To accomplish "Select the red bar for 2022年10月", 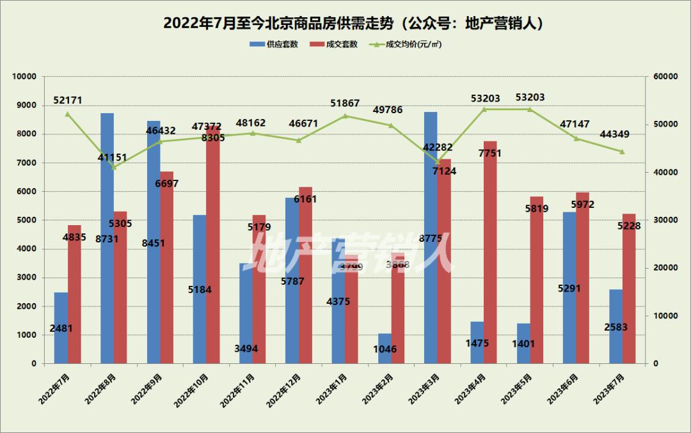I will tap(213, 256).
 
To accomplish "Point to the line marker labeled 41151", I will tap(114, 168).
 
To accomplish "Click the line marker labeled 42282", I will tap(438, 162).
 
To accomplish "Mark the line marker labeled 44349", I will tap(622, 152).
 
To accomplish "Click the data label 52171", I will tap(68, 100).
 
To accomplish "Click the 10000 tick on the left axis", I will tap(24, 77).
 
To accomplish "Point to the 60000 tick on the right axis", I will tap(665, 77).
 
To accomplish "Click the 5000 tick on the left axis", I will tap(27, 220).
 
